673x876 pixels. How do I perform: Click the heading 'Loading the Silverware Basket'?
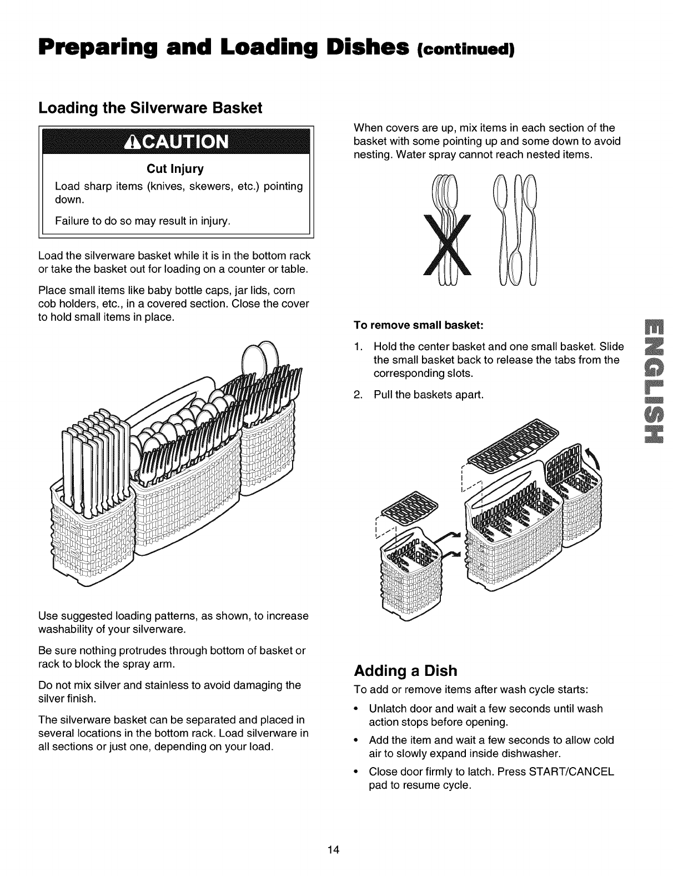pos(150,108)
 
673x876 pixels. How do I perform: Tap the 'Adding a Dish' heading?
pos(405,671)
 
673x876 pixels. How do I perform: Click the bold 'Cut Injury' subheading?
pos(176,168)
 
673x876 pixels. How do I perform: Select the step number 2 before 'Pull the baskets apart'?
pos(358,395)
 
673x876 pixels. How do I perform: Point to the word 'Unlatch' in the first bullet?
pos(388,709)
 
